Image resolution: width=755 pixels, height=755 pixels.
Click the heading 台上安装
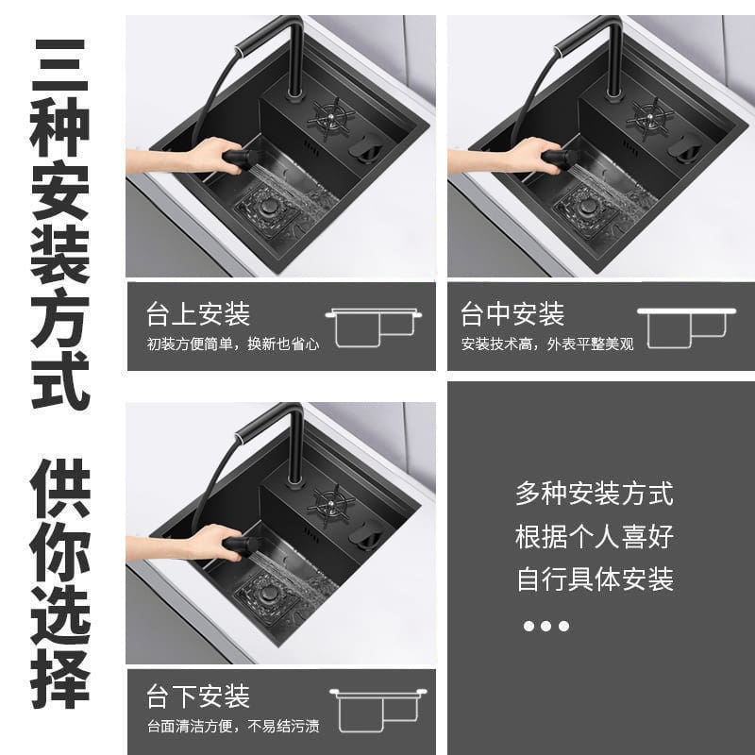tap(198, 314)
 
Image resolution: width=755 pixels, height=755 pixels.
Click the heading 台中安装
tap(512, 314)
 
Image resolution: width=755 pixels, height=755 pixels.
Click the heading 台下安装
tap(198, 696)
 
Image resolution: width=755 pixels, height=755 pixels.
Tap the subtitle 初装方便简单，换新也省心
tap(233, 344)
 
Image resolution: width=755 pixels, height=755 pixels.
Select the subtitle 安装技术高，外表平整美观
tap(547, 344)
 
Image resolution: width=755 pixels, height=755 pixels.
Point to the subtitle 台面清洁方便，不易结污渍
tap(233, 726)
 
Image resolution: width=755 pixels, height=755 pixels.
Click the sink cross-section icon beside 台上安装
tap(374, 327)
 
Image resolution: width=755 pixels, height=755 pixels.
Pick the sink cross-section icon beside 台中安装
tap(686, 327)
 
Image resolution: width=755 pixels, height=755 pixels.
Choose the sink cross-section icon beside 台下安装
tap(378, 710)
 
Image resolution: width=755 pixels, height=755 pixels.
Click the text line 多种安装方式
tap(595, 494)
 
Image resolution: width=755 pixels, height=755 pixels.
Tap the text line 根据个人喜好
tap(595, 536)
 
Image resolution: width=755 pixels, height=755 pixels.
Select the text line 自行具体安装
tap(595, 579)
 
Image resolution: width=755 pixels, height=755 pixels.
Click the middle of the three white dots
tap(545, 626)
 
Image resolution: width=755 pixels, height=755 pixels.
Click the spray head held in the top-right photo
tap(560, 159)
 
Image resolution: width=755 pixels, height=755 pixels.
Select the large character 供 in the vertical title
tap(60, 488)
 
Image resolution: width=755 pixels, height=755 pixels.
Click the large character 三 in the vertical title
tap(60, 66)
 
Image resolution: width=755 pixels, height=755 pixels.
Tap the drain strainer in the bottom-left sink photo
tap(267, 596)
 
